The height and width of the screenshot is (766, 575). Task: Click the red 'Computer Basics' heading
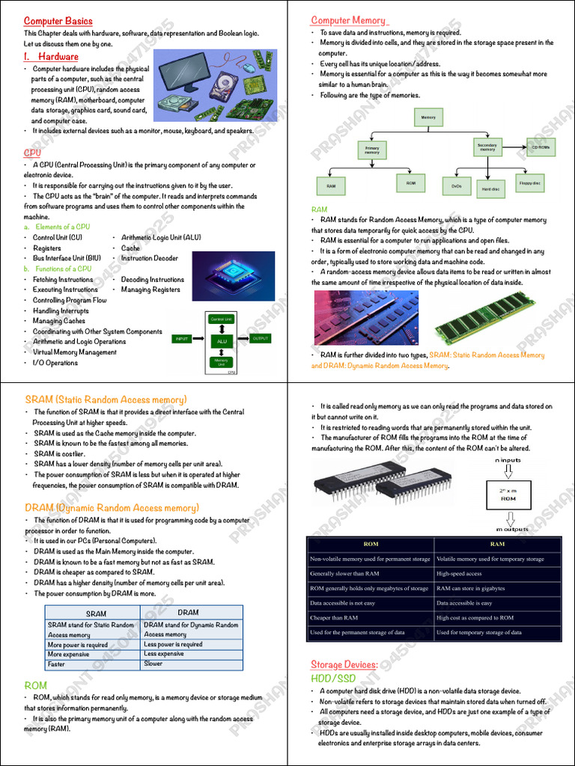coord(58,21)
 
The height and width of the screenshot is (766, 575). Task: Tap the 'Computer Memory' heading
coord(348,20)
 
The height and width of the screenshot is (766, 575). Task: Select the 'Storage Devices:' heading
coord(344,664)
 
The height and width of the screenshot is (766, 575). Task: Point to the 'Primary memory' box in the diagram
coord(372,150)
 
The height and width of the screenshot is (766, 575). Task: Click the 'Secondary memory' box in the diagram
coord(487,147)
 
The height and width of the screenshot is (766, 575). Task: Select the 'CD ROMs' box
coord(541,147)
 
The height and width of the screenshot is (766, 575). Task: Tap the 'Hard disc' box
coord(490,189)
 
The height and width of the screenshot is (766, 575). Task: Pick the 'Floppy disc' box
coord(530,182)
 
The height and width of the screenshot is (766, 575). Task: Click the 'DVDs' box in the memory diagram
coord(457,184)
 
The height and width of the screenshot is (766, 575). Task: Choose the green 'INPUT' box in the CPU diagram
coord(182,339)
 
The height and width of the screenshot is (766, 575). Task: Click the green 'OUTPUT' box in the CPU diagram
coord(260,338)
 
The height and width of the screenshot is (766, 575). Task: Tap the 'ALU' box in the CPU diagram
coord(221,341)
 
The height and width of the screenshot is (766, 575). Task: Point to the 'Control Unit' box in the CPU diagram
coord(221,319)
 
